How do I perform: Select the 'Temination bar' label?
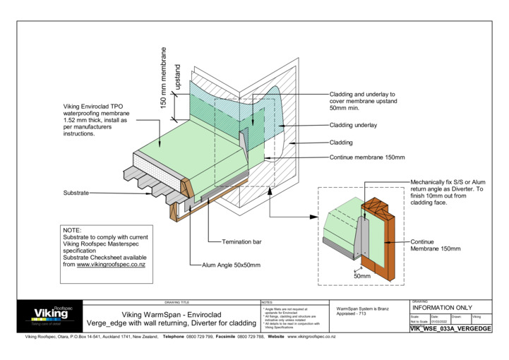[242, 241]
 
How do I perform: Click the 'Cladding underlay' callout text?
[353, 125]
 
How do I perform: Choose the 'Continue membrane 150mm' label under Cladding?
[367, 157]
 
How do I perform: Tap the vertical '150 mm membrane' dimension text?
[164, 78]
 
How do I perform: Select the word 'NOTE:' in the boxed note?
[73, 230]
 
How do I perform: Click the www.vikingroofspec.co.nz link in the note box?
[111, 264]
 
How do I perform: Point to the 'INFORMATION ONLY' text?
[442, 308]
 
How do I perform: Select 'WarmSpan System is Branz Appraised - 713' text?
[363, 311]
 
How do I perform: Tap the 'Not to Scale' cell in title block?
[419, 322]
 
